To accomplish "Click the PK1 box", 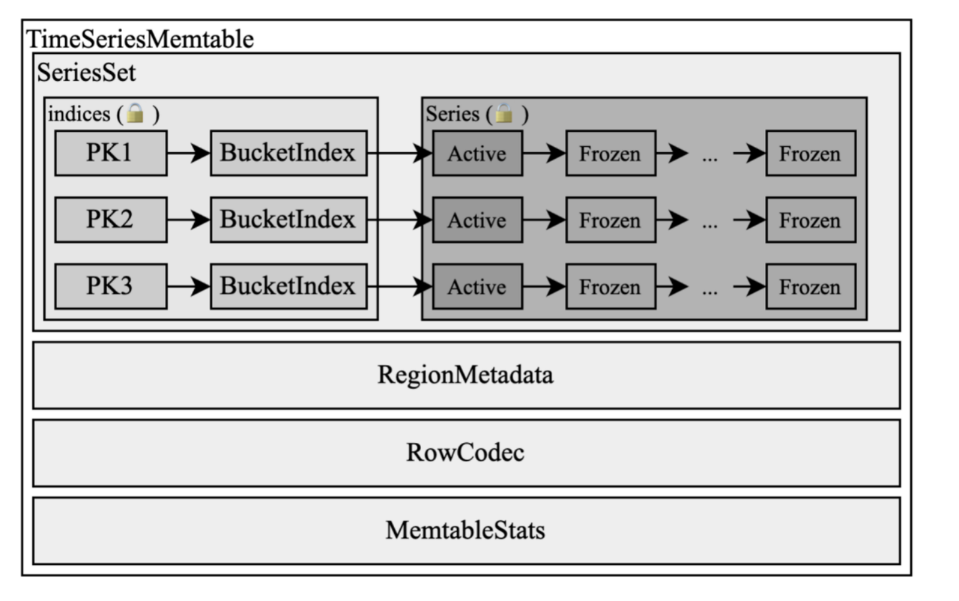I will (110, 153).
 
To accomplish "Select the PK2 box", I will (110, 220).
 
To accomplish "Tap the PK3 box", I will (110, 286).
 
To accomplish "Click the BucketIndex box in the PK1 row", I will (288, 153).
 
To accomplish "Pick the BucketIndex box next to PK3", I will (288, 286).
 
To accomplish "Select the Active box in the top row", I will (477, 154).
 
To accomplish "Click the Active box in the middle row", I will (477, 220).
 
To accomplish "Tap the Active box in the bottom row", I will (477, 287).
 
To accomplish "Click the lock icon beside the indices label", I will (135, 114).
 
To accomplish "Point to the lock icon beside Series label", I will (504, 114).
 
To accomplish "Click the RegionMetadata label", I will (465, 375).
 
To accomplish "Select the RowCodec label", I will (465, 453).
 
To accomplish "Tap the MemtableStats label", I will (465, 531).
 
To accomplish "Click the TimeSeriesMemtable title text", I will (139, 39).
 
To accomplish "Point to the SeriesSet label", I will (87, 73).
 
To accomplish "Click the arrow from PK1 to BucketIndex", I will (188, 154).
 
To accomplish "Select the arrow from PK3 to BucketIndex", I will (188, 287).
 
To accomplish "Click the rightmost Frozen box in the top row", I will (810, 154).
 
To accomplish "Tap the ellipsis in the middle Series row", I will (710, 223).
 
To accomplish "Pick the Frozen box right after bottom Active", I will (610, 287).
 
